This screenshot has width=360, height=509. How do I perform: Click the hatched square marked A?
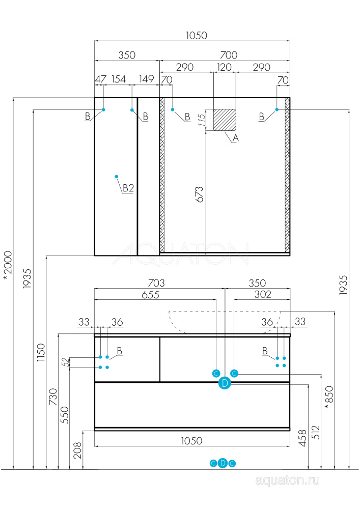pos(225,120)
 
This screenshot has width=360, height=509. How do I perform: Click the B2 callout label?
pos(128,188)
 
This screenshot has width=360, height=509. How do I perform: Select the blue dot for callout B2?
pos(117,175)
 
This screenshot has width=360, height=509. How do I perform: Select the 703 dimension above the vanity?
pos(156,283)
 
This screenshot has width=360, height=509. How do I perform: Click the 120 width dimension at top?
pos(225,67)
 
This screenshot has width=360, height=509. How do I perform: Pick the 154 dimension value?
pos(118,79)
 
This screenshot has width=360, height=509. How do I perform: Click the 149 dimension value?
pos(146,79)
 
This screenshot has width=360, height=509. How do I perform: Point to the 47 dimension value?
pos(100,79)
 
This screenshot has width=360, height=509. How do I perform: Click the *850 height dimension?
pos(329,397)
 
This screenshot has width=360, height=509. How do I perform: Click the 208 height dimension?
pos(77,450)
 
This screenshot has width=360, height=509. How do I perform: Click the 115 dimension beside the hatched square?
pos(202,120)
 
